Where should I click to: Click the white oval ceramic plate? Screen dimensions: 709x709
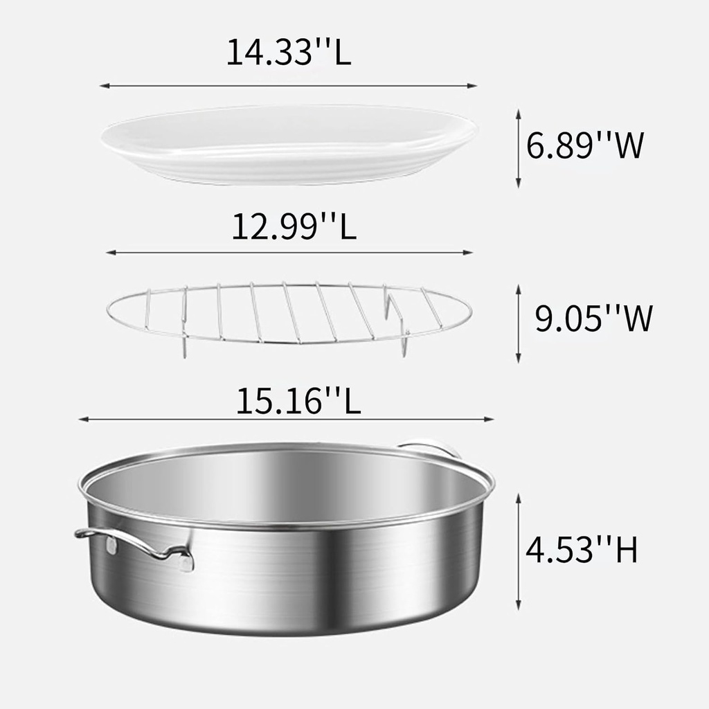(x=289, y=143)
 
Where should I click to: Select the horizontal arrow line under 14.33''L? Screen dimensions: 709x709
(x=289, y=86)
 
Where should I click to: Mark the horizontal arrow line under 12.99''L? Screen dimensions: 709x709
(x=289, y=253)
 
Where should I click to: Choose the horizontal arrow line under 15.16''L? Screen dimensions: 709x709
(x=286, y=419)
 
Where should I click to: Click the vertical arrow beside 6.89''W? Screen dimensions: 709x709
(x=518, y=147)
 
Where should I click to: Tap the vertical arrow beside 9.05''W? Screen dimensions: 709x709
(x=518, y=323)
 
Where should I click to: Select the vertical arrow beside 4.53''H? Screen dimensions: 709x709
(x=518, y=552)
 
